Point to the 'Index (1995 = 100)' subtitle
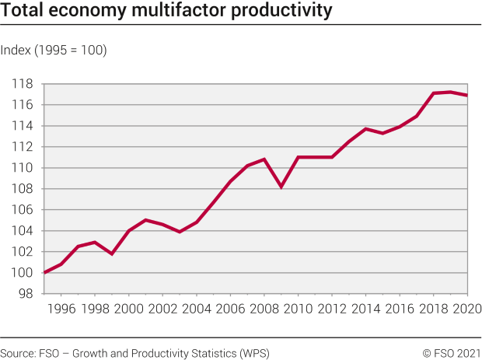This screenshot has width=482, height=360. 54,51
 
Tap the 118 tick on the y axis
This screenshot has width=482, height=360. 22,84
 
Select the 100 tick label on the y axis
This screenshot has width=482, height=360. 22,273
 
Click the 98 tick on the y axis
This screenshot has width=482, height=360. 25,294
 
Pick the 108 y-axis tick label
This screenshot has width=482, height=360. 22,189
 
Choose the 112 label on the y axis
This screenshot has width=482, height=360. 22,147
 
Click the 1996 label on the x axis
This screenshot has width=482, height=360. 61,309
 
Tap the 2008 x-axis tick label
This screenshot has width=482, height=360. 264,309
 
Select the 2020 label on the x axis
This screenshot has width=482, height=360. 465,309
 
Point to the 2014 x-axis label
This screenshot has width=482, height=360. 365,309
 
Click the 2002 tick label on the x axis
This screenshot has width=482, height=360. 162,309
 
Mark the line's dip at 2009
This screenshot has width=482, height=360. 281,187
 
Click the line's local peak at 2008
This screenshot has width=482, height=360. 264,159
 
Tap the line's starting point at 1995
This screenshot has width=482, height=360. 45,273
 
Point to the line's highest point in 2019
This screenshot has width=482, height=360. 449,92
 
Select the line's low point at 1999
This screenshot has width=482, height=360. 112,253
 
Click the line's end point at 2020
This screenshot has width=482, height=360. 466,95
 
